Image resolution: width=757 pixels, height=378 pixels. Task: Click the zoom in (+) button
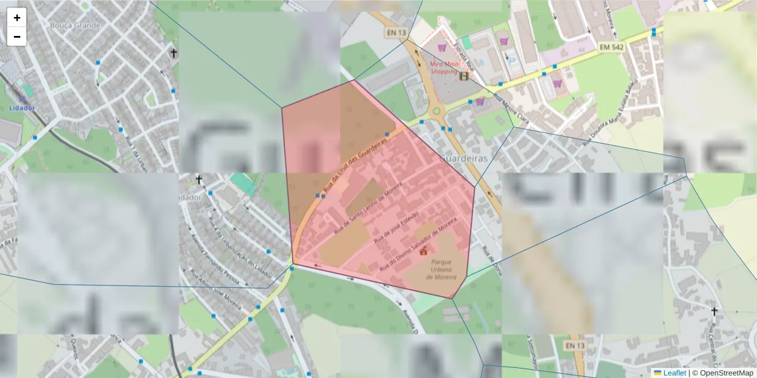[17, 18]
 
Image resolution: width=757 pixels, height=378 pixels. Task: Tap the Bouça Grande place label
[75, 26]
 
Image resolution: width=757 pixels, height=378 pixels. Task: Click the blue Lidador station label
[22, 108]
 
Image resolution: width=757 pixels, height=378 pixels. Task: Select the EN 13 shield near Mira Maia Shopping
[395, 33]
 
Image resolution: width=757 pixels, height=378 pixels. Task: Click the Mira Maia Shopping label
[443, 67]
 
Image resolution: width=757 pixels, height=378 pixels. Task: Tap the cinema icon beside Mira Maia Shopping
[464, 76]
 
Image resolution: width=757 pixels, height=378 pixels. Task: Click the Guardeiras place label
[464, 159]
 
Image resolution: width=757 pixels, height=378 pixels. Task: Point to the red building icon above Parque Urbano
[423, 251]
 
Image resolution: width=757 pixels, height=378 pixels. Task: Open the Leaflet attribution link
[674, 373]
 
